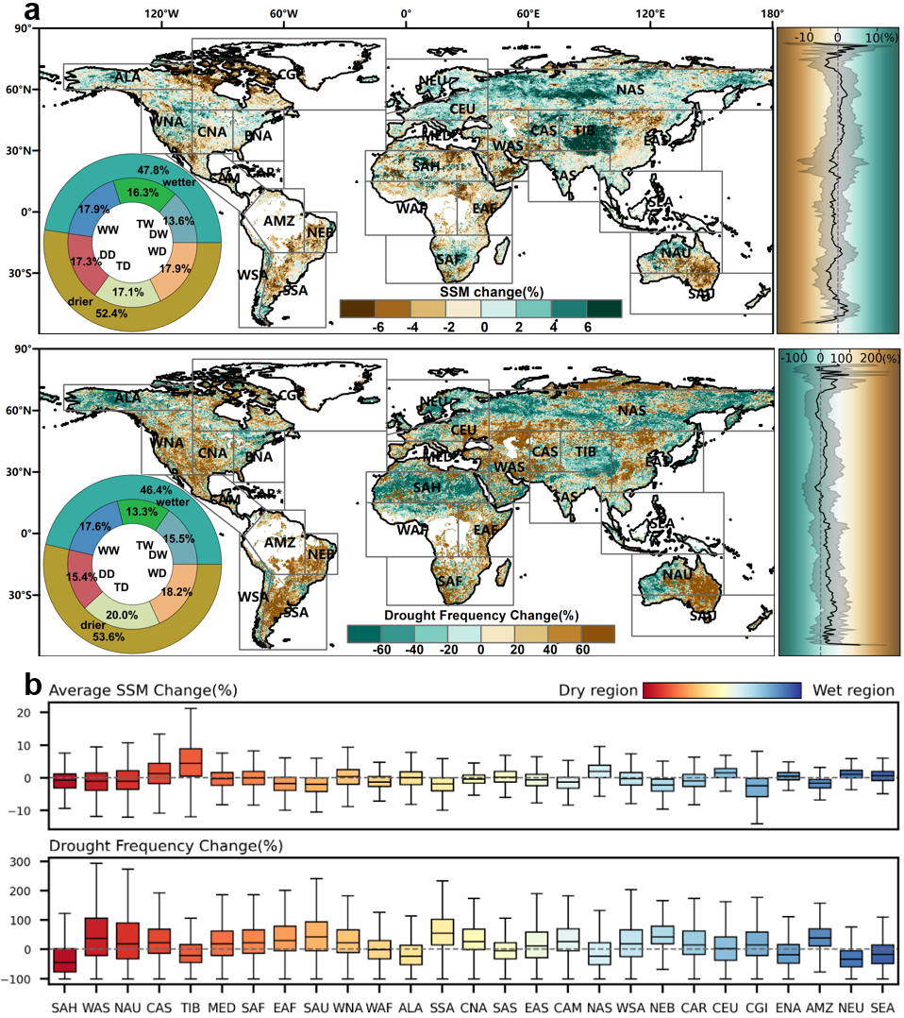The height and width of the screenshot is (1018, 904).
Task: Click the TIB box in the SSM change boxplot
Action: [x=191, y=761]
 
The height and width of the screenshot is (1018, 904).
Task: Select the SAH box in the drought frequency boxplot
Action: [x=64, y=959]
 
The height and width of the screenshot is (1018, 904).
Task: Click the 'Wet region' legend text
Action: [x=852, y=690]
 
